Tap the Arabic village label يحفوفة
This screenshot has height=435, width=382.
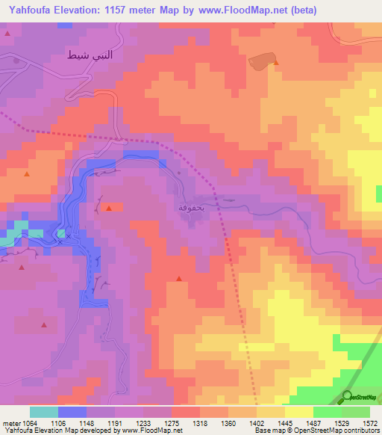(x=193, y=206)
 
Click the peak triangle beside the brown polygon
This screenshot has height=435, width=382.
(x=276, y=64)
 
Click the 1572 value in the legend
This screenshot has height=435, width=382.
(x=369, y=423)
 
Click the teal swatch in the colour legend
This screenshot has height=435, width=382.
(x=44, y=412)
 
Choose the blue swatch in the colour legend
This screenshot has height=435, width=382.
(x=72, y=412)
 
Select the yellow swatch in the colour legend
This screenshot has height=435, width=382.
(x=298, y=412)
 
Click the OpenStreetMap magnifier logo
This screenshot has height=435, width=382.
(x=348, y=395)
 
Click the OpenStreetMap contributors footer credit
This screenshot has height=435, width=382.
(x=329, y=431)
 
